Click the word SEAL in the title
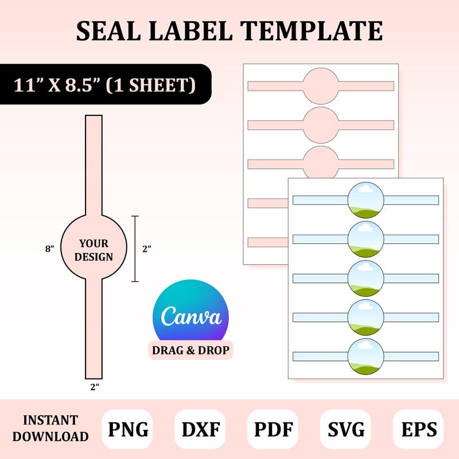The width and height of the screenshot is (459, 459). pyautogui.click(x=108, y=31)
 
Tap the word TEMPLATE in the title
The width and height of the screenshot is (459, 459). pyautogui.click(x=312, y=31)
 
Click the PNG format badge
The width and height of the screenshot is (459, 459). pyautogui.click(x=127, y=429)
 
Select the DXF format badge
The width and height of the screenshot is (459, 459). pyautogui.click(x=200, y=429)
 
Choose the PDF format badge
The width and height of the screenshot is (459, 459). pyautogui.click(x=273, y=429)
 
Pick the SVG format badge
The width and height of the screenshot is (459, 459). pyautogui.click(x=346, y=429)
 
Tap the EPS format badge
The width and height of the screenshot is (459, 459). pyautogui.click(x=418, y=429)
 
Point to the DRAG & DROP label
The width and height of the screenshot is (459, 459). pyautogui.click(x=190, y=350)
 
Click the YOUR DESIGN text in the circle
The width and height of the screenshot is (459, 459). pyautogui.click(x=94, y=250)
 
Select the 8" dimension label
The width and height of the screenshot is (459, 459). pyautogui.click(x=50, y=249)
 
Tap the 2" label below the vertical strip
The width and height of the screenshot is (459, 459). pyautogui.click(x=95, y=387)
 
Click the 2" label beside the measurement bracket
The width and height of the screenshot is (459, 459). pyautogui.click(x=147, y=249)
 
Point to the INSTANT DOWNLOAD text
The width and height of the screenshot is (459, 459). pyautogui.click(x=50, y=428)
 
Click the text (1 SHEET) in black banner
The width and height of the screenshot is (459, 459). pyautogui.click(x=150, y=85)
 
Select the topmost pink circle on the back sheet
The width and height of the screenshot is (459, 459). pyautogui.click(x=321, y=85)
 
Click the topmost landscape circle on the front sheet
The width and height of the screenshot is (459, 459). pyautogui.click(x=365, y=200)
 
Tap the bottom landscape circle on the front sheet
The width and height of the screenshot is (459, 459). pyautogui.click(x=365, y=356)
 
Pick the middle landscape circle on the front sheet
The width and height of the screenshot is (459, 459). pyautogui.click(x=365, y=278)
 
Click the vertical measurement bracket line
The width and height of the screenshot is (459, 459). pyautogui.click(x=135, y=249)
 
